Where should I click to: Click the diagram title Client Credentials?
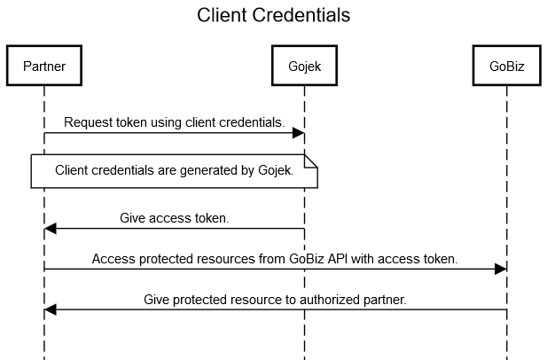point(273,16)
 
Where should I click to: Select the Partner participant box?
point(43,66)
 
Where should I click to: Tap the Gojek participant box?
point(304,66)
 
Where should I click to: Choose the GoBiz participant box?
point(506,66)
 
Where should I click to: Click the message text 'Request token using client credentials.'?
point(174,122)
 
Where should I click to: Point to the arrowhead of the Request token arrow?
point(299,134)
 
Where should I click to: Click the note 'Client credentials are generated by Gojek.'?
point(174,170)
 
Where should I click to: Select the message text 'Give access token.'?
point(174,217)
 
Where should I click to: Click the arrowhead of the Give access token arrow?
point(51,229)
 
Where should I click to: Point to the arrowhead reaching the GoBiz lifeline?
point(501,270)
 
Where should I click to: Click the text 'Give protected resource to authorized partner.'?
point(275,300)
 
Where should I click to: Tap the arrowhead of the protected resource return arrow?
point(51,310)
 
